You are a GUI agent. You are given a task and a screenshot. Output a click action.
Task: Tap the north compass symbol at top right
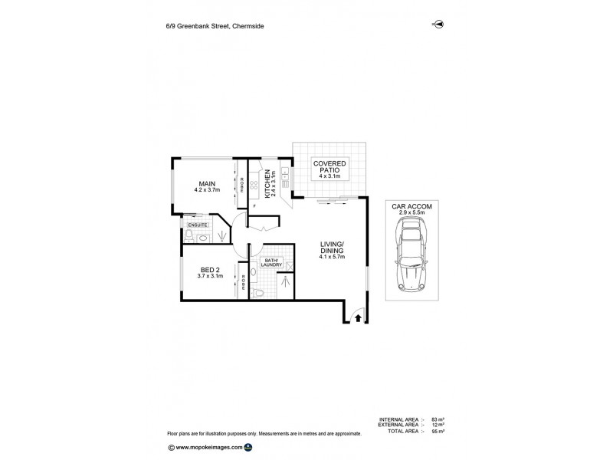[439, 25]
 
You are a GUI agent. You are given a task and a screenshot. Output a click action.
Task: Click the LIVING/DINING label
[332, 250]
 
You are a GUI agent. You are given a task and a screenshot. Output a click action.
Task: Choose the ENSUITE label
[198, 224]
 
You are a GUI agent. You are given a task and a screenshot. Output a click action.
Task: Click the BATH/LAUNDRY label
[273, 263]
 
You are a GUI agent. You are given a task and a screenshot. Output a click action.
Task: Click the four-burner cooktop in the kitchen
[254, 185]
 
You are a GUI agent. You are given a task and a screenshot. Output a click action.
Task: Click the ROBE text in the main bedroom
[243, 186]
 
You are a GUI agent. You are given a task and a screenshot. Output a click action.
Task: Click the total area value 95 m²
[437, 431]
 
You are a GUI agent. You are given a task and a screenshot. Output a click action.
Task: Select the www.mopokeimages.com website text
[207, 447]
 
